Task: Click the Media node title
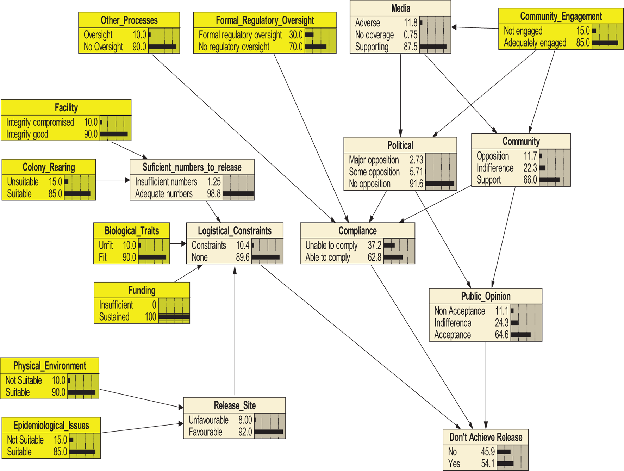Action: point(400,8)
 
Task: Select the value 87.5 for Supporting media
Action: point(410,47)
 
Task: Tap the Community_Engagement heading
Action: point(561,16)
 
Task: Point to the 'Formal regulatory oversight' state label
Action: point(240,35)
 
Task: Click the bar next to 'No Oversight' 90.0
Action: point(162,47)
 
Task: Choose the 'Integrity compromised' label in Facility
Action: point(40,122)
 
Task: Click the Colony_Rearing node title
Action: point(49,167)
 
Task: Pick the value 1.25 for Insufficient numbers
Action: point(214,182)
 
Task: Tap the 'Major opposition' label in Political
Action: point(374,160)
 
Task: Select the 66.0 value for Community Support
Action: point(530,180)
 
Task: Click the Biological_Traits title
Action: point(131,231)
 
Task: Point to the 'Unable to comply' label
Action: point(331,245)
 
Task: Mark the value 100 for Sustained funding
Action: point(150,317)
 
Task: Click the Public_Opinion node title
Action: point(486,296)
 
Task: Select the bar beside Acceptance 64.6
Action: point(520,335)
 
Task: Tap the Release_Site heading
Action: point(235,405)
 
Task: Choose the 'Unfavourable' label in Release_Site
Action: point(208,420)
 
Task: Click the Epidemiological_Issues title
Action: point(51,425)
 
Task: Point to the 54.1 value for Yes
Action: point(488,464)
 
